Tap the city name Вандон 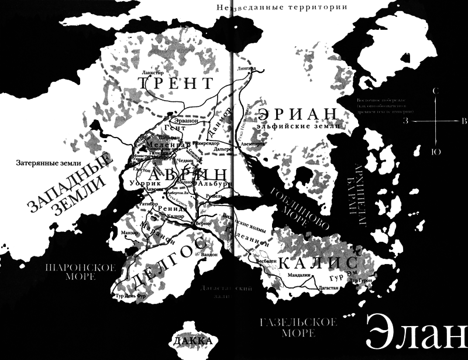click(209, 254)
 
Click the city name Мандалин click(300, 275)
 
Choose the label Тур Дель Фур click(132, 296)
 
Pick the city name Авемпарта click(249, 143)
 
